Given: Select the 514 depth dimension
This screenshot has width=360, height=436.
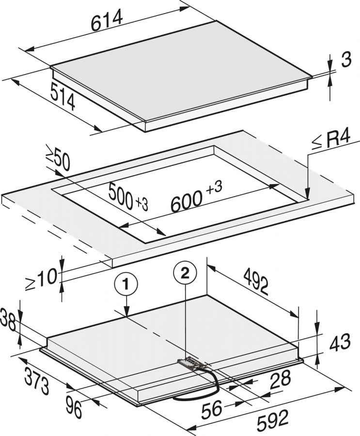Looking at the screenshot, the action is [63, 96].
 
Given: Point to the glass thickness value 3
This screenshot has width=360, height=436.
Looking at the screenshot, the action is [346, 59].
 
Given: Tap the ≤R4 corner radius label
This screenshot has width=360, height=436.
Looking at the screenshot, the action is [331, 140].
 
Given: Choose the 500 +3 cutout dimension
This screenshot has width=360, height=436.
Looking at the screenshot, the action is [128, 197].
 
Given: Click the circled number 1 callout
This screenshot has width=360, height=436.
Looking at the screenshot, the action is [126, 285].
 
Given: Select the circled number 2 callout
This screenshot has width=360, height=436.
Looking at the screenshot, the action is [185, 273].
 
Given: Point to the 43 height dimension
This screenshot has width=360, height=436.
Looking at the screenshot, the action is [340, 342].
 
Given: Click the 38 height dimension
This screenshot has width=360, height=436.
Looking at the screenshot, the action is [8, 321].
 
